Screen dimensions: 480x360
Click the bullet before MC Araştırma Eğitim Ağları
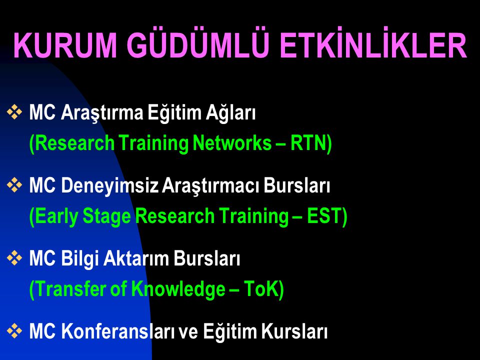14,111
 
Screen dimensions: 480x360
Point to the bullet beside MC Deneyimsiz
14,185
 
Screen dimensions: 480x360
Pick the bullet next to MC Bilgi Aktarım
14,258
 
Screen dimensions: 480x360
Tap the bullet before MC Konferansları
14,331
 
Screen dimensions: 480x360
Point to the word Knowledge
178,289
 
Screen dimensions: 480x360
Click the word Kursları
294,331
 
